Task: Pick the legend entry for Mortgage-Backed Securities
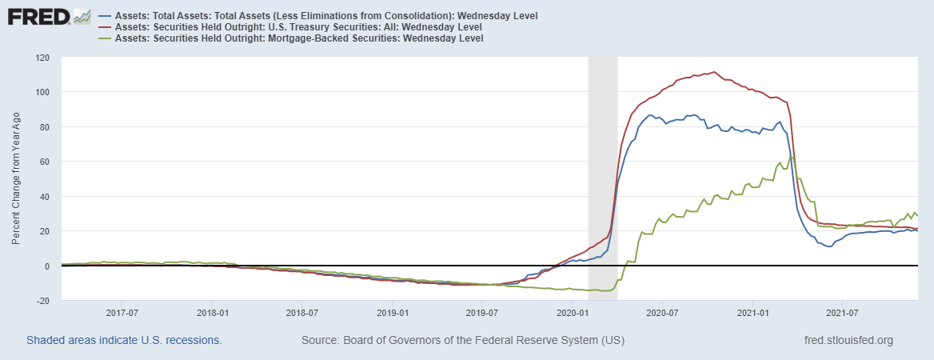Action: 299,38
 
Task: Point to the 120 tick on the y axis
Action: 42,58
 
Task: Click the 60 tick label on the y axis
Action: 44,162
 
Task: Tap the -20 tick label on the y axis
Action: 42,301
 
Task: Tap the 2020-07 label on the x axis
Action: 662,312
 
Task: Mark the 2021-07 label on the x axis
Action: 843,312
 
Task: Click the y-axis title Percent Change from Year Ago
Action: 17,178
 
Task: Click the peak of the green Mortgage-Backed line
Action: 792,157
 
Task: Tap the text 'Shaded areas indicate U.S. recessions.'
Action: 124,341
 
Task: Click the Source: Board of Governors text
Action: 463,341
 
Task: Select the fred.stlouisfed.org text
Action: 848,341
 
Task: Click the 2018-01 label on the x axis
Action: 212,312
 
